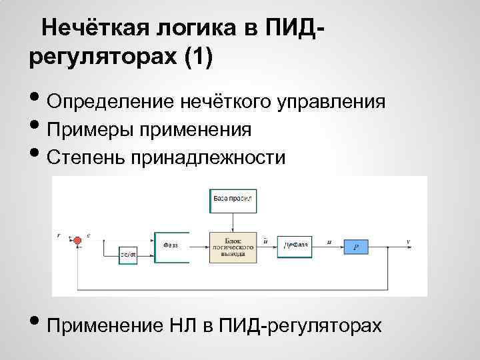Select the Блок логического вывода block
pos(232,245)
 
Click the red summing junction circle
pos(77,239)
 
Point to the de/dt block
pos(128,254)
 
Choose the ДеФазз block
pos(296,245)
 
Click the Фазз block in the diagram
pos(171,245)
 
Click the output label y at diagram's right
pos(408,239)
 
